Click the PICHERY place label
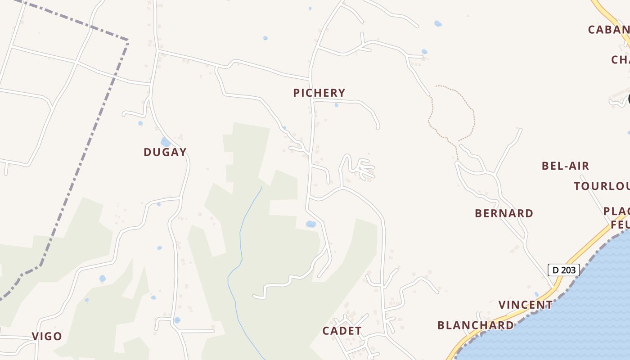click(319, 93)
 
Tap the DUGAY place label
click(165, 152)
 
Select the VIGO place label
click(47, 336)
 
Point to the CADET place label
click(342, 331)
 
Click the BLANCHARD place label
click(475, 325)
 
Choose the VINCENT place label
click(526, 305)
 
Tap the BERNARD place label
click(504, 213)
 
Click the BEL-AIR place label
click(565, 166)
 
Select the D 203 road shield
click(563, 270)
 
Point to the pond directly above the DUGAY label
click(166, 142)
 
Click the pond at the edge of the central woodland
click(310, 224)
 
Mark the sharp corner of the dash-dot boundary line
click(128, 40)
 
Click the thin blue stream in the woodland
click(241, 234)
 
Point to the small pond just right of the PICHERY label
click(336, 105)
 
